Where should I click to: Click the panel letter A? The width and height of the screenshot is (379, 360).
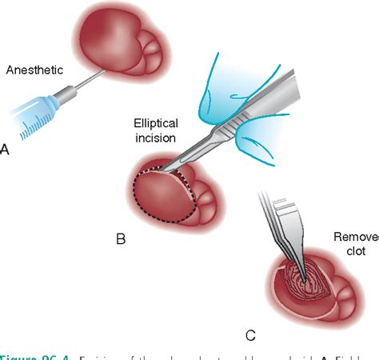pos(6,149)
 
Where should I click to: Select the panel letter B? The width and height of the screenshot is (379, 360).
pos(121,238)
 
